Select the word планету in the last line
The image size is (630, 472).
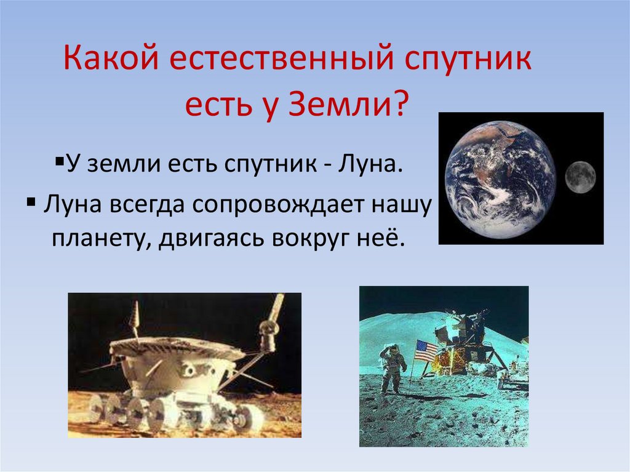pos(102,238)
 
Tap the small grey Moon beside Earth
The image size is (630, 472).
pos(580,177)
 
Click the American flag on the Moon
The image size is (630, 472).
pos(425,351)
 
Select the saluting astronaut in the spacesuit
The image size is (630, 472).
pos(392,368)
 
